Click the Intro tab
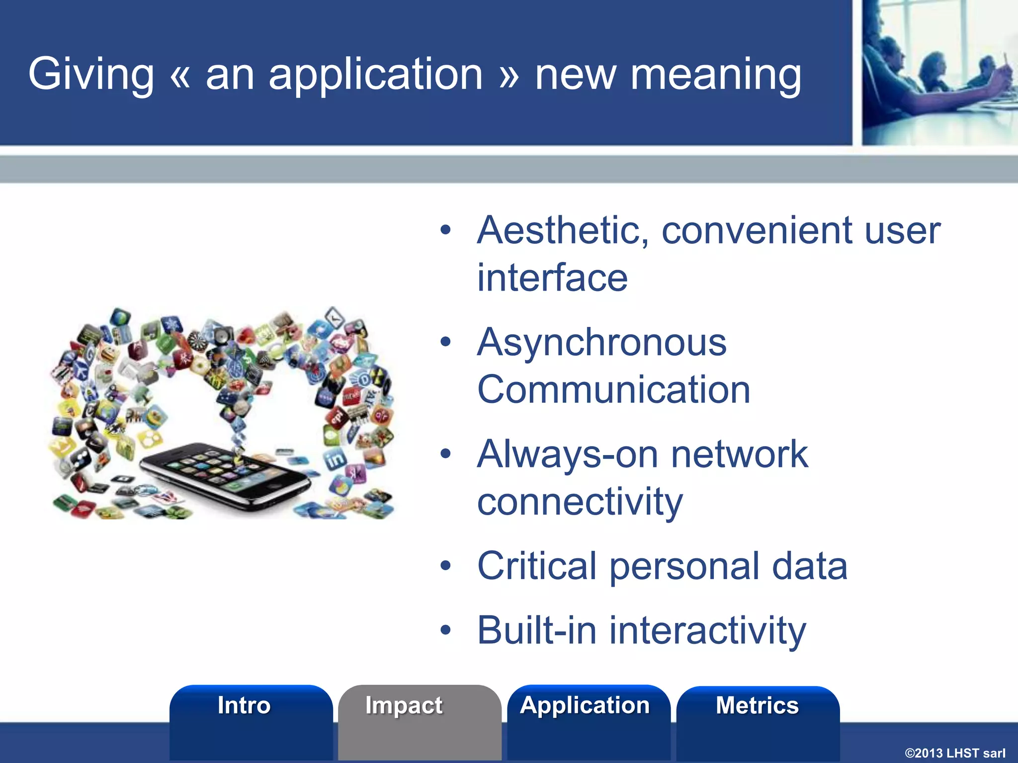[x=244, y=706]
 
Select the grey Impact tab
[x=404, y=706]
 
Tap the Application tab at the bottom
[x=585, y=706]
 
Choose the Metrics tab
[x=757, y=706]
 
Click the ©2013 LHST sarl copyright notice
[x=954, y=753]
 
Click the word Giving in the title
[x=91, y=75]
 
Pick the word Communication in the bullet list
[x=613, y=390]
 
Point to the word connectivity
[x=580, y=502]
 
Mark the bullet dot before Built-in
[x=445, y=630]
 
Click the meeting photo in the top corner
[x=939, y=72]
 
